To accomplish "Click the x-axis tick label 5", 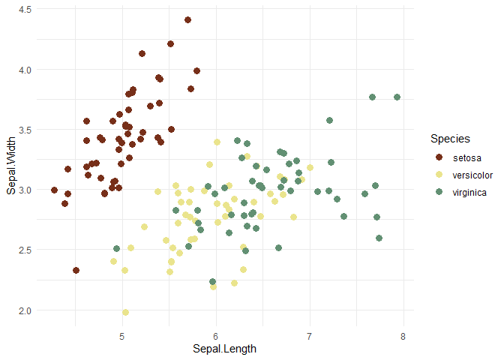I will click(x=122, y=334).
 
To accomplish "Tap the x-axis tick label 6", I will click(x=216, y=334).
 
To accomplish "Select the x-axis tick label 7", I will click(x=310, y=334).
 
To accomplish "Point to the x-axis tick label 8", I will click(x=403, y=334).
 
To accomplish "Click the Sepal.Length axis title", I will click(x=225, y=349).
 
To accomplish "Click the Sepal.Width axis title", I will click(x=11, y=166).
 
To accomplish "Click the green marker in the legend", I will click(x=439, y=193).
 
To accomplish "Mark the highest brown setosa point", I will click(x=187, y=20).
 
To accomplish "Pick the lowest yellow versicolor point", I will click(x=126, y=312).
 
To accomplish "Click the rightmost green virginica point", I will click(x=397, y=97).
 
